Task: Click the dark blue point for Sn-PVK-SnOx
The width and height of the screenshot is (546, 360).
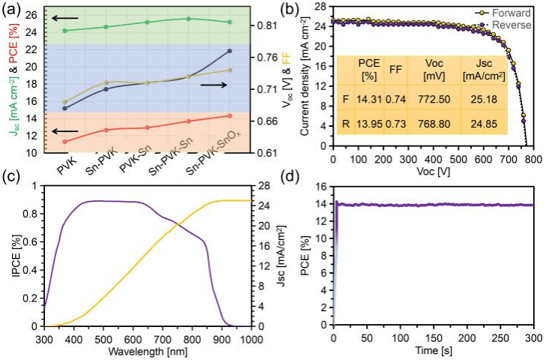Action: point(229,51)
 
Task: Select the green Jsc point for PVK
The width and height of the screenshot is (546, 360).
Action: point(64,31)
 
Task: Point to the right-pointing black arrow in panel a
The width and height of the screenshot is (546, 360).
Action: point(214,85)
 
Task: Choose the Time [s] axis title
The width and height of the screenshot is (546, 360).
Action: point(434,350)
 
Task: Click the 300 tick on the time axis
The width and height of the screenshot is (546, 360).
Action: point(533,339)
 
